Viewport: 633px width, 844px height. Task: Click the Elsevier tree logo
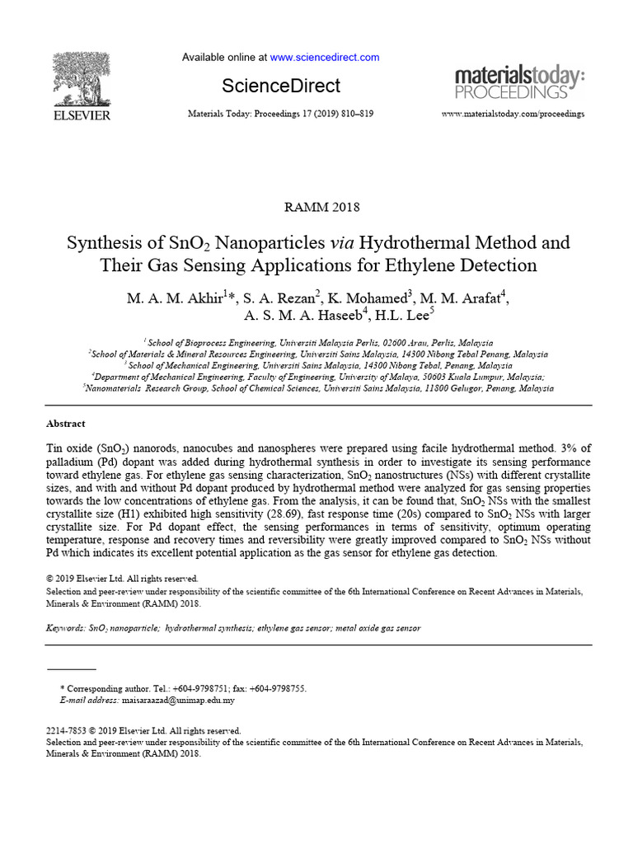tap(82, 80)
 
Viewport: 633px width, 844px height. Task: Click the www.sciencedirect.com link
tap(325, 58)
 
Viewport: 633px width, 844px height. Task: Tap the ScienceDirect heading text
tap(281, 86)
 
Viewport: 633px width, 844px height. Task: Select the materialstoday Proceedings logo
tap(520, 82)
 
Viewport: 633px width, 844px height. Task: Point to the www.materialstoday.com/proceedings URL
tap(513, 113)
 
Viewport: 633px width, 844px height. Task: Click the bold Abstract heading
tap(65, 424)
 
